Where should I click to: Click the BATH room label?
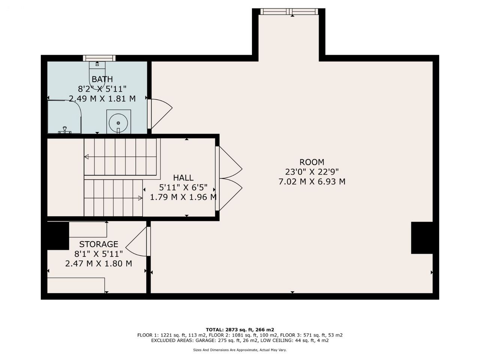point(102,79)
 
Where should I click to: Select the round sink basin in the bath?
point(118,123)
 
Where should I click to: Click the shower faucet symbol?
point(65,130)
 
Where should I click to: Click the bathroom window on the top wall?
point(99,58)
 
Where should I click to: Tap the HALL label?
point(183,178)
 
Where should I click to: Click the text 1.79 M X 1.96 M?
point(183,197)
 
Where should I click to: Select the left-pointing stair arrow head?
point(86,157)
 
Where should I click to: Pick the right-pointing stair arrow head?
point(140,198)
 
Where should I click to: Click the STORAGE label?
point(99,244)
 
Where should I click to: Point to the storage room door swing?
point(136,241)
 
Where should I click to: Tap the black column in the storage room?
point(58,236)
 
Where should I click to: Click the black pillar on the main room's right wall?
point(422,238)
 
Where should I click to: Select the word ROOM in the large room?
point(312,162)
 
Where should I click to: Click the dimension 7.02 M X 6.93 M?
point(312,181)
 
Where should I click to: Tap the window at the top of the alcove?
point(289,11)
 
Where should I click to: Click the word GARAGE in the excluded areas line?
point(205,340)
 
